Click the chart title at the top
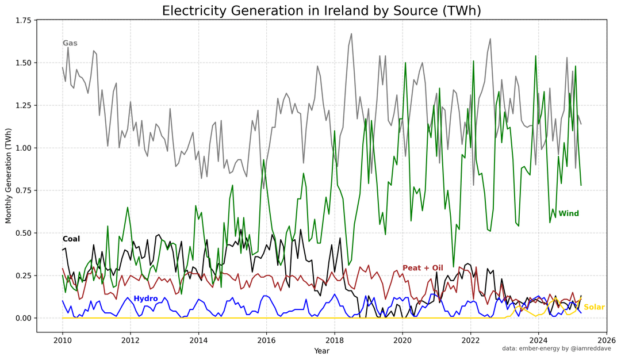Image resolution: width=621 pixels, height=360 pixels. click(x=321, y=11)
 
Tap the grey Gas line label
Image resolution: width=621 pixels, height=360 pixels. click(x=70, y=43)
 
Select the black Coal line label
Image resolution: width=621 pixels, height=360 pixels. click(x=71, y=239)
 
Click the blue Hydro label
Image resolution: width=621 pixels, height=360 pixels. click(x=145, y=298)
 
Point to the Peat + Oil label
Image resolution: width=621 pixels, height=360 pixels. click(x=423, y=268)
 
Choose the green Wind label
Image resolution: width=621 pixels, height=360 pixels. click(x=569, y=213)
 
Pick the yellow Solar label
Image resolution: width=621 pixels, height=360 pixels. click(x=595, y=307)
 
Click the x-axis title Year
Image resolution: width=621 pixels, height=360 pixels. click(x=321, y=350)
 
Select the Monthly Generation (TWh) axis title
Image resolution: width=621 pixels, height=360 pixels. click(x=9, y=176)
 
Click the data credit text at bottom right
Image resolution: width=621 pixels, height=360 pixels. click(x=557, y=348)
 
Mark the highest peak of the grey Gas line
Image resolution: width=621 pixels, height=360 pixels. click(x=351, y=34)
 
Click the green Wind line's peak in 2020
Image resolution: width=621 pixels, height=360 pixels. click(x=405, y=63)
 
